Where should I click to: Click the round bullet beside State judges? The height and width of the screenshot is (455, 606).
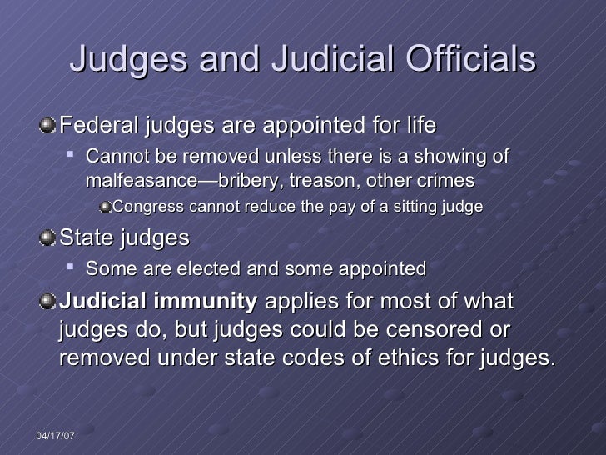click(x=48, y=238)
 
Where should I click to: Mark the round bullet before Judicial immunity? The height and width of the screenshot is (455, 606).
click(x=48, y=302)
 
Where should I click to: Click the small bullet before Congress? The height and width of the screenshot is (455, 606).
click(x=104, y=206)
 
